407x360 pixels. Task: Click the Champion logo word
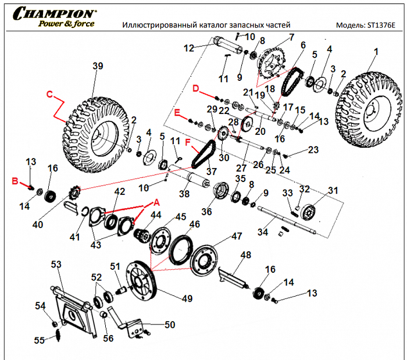point(55,13)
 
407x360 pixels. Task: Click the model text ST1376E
point(380,26)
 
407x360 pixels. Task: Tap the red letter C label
point(49,93)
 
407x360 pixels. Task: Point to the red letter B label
point(16,182)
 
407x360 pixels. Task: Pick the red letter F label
point(187,141)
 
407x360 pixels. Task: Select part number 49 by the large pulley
point(187,298)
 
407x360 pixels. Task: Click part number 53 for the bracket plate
point(56,265)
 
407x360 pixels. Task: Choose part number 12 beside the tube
point(188,48)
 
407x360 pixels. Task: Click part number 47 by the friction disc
point(236,236)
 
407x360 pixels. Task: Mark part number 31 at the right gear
point(332,191)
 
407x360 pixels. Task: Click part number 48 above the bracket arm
point(245,255)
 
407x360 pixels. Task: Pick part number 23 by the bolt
point(313,149)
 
